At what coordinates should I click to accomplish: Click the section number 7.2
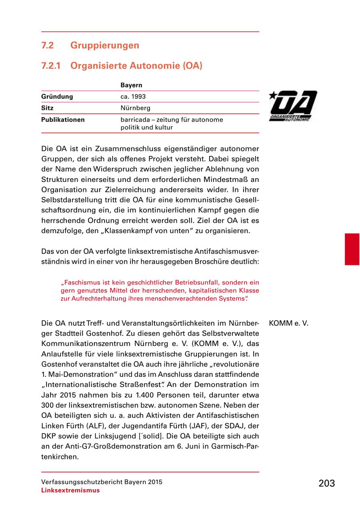click(x=48, y=46)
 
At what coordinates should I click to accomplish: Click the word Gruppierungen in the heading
click(x=105, y=46)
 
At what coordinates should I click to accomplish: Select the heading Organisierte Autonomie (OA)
click(x=136, y=66)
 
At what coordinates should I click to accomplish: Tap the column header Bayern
click(x=131, y=86)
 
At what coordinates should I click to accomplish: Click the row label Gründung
click(x=57, y=97)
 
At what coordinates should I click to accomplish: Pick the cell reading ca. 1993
click(x=133, y=97)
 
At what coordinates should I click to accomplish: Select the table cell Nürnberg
click(x=135, y=108)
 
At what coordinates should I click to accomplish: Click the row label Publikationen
click(x=63, y=120)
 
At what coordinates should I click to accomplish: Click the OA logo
click(x=293, y=106)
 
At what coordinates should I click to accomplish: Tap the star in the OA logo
click(x=273, y=95)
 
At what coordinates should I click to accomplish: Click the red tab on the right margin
click(x=352, y=249)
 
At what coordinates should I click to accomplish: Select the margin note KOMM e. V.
click(x=289, y=323)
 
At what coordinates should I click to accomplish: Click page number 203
click(x=327, y=484)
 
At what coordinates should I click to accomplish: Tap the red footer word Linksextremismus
click(x=70, y=490)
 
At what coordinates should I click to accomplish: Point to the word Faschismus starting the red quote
click(x=80, y=282)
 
